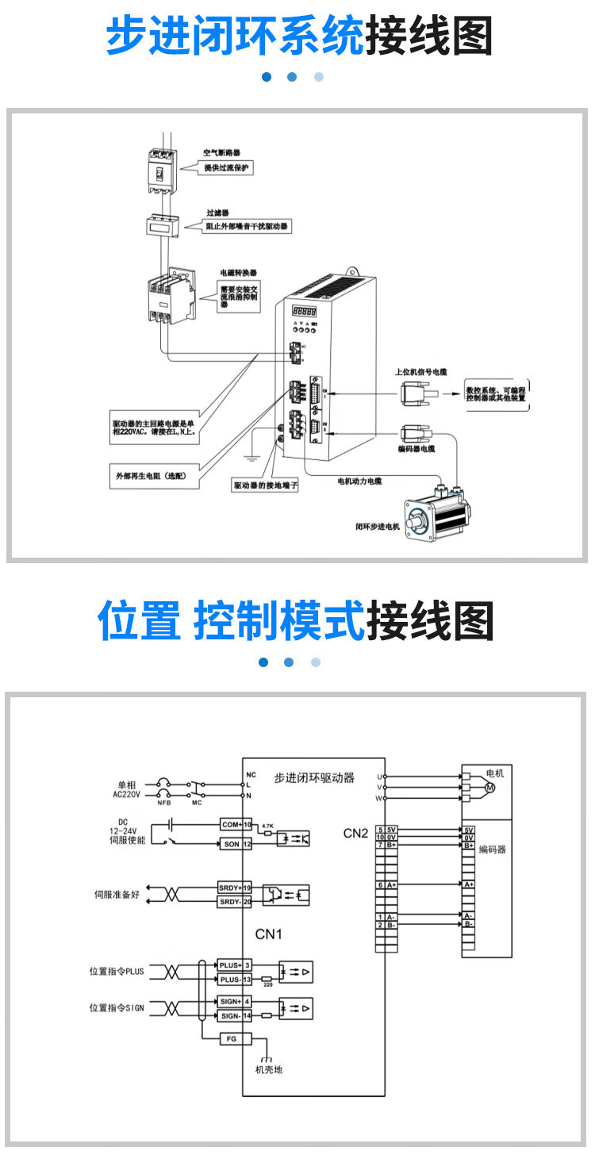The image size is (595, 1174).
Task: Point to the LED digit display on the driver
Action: click(x=305, y=312)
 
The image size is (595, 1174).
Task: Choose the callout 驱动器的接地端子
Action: click(x=266, y=485)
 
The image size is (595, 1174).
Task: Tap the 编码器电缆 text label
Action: click(x=416, y=449)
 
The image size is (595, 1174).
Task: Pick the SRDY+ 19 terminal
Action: click(x=235, y=887)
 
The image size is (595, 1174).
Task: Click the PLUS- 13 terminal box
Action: click(x=235, y=980)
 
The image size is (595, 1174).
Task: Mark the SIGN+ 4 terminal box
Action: click(x=235, y=1001)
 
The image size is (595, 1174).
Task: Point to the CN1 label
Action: click(x=268, y=934)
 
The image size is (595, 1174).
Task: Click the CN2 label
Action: click(x=355, y=833)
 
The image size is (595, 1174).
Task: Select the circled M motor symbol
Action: click(x=489, y=788)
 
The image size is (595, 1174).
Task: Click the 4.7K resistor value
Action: click(x=267, y=826)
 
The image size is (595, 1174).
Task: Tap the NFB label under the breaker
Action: click(x=164, y=802)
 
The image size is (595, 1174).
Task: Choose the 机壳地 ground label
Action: click(x=268, y=1069)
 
